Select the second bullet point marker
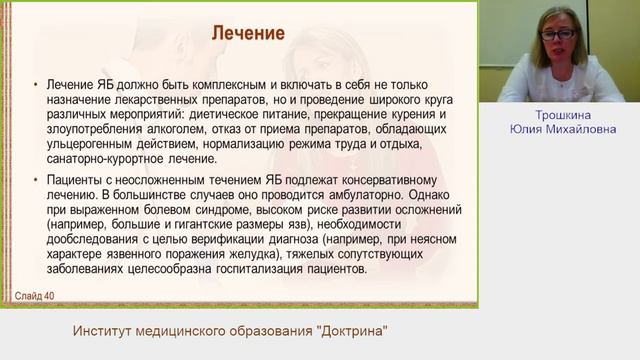pos(37,178)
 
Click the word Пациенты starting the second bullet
pos(75,178)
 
